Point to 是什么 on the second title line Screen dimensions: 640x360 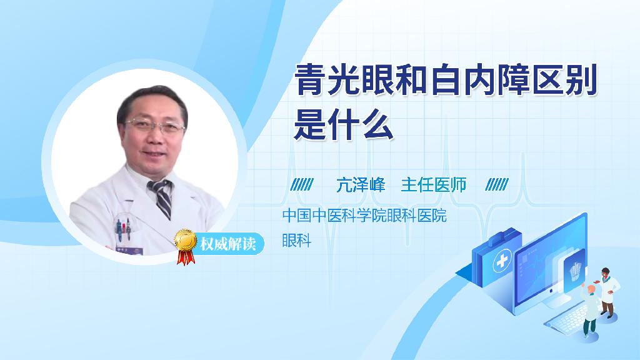pyautogui.click(x=344, y=124)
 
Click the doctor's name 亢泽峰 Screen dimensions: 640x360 pyautogui.click(x=361, y=185)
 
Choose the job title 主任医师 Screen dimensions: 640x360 pyautogui.click(x=434, y=185)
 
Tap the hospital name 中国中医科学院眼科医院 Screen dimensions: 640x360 pyautogui.click(x=364, y=216)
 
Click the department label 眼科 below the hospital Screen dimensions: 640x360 pyautogui.click(x=297, y=241)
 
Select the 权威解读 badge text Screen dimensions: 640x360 pyautogui.click(x=228, y=244)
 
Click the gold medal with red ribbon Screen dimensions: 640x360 pyautogui.click(x=186, y=246)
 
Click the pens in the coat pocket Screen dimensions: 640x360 pyautogui.click(x=123, y=229)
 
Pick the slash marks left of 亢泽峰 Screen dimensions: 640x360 pyautogui.click(x=302, y=185)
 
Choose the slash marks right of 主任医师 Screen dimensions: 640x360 pyautogui.click(x=497, y=185)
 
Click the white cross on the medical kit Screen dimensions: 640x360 pyautogui.click(x=502, y=261)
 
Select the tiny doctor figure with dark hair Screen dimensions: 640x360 pyautogui.click(x=607, y=292)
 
